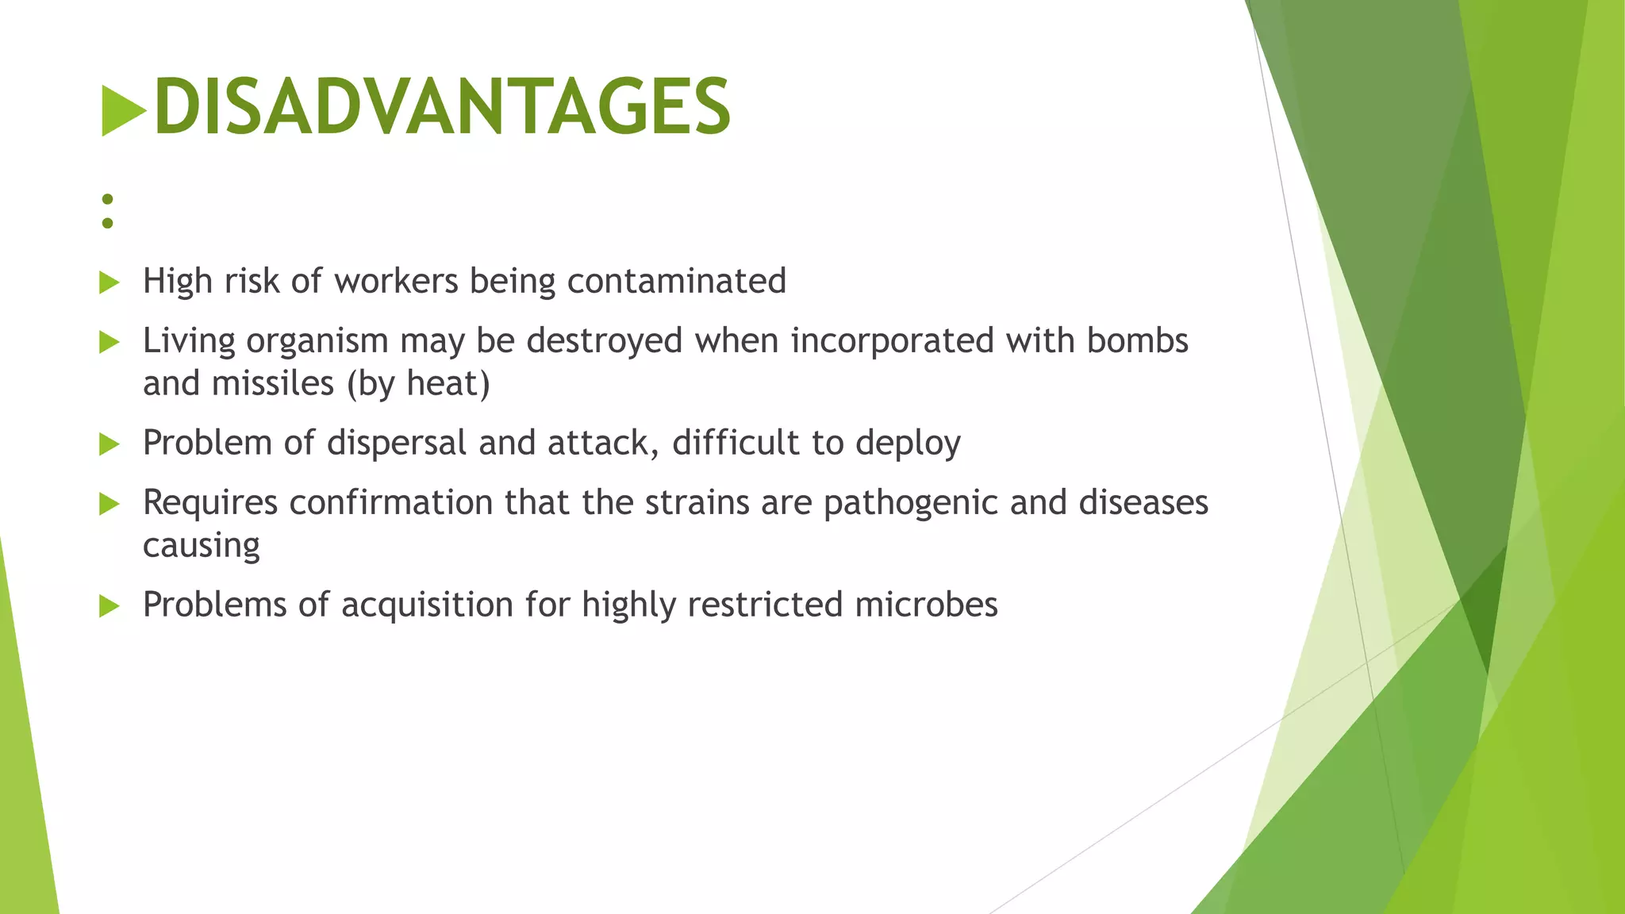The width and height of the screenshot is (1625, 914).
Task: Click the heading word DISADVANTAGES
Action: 441,107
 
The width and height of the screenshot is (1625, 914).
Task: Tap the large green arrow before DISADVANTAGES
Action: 123,110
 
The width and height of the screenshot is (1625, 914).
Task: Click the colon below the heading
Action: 108,211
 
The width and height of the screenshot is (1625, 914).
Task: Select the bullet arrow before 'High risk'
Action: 109,282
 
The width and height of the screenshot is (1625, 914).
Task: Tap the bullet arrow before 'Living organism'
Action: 109,342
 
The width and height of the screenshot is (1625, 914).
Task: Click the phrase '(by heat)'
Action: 418,383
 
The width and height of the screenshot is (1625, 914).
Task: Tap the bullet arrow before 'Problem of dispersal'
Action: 109,444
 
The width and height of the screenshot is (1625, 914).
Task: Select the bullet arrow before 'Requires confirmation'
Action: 109,504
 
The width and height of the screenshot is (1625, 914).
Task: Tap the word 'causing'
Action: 202,546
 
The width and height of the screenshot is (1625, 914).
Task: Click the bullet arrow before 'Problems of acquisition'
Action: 109,607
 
